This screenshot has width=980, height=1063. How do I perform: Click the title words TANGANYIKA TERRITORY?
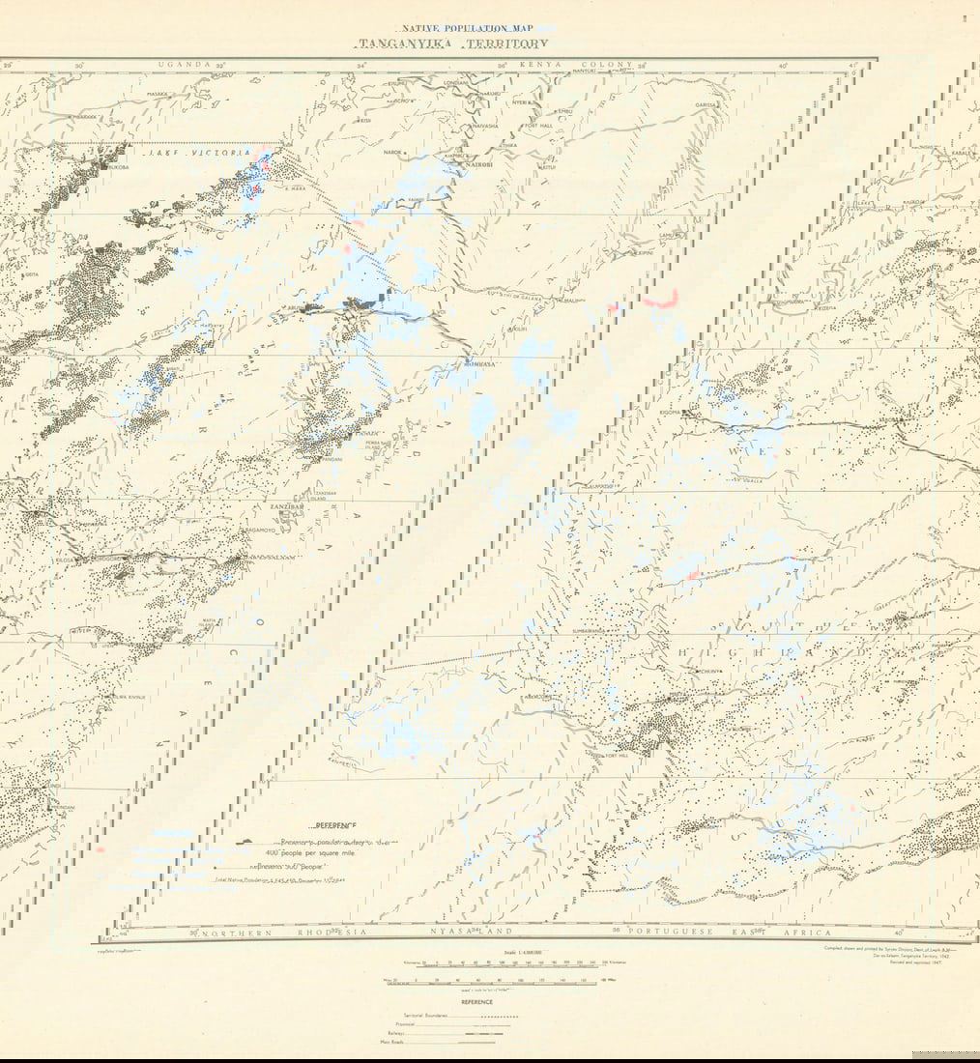click(452, 44)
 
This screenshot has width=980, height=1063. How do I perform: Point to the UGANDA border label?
click(184, 65)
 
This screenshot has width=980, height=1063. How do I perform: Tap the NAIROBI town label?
click(452, 165)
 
